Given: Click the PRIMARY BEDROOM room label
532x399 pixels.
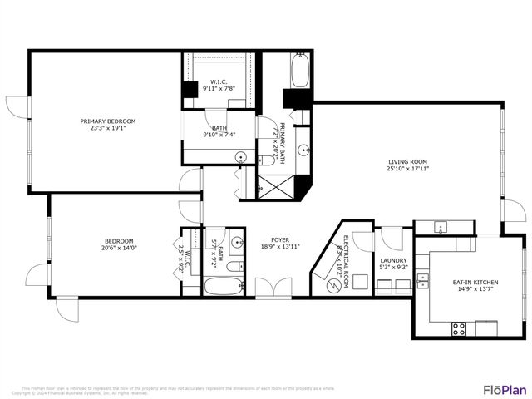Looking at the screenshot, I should (x=107, y=121).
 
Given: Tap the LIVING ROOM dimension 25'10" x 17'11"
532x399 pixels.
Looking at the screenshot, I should (x=407, y=169).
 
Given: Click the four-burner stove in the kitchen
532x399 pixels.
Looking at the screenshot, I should (x=458, y=328).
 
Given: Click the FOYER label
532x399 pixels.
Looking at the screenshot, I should (x=279, y=239).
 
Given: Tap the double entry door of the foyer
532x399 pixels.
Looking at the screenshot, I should (x=272, y=288).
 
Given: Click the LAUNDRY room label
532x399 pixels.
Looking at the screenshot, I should (x=393, y=260).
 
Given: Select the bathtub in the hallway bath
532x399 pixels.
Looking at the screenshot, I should (x=220, y=287).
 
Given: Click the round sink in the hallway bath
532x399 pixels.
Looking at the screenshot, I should (x=236, y=243).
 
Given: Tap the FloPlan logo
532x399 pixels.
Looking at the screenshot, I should (x=505, y=389).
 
